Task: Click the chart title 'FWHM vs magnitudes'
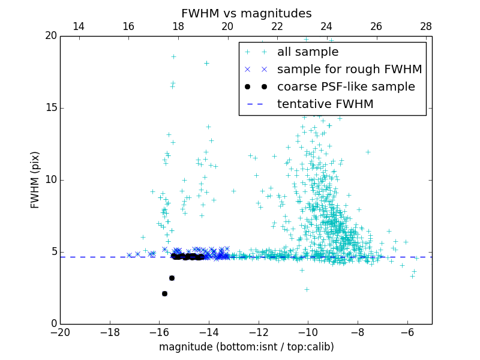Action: click(246, 13)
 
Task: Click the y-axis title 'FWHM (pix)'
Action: click(35, 179)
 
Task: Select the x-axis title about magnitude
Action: click(246, 347)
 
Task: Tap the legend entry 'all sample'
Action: click(308, 52)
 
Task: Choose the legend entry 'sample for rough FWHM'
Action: click(349, 69)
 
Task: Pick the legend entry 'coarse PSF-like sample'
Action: click(346, 86)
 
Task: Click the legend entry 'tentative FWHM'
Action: click(325, 104)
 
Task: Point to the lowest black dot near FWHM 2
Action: click(164, 293)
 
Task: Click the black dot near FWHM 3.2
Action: click(172, 278)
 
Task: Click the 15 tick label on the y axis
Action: click(50, 108)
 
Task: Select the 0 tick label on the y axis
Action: click(53, 324)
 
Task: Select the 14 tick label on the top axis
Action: click(78, 26)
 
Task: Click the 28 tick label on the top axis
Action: click(426, 26)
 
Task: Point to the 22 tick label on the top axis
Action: click(277, 26)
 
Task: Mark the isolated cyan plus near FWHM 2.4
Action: click(307, 289)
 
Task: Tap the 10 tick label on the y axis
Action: click(50, 180)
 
